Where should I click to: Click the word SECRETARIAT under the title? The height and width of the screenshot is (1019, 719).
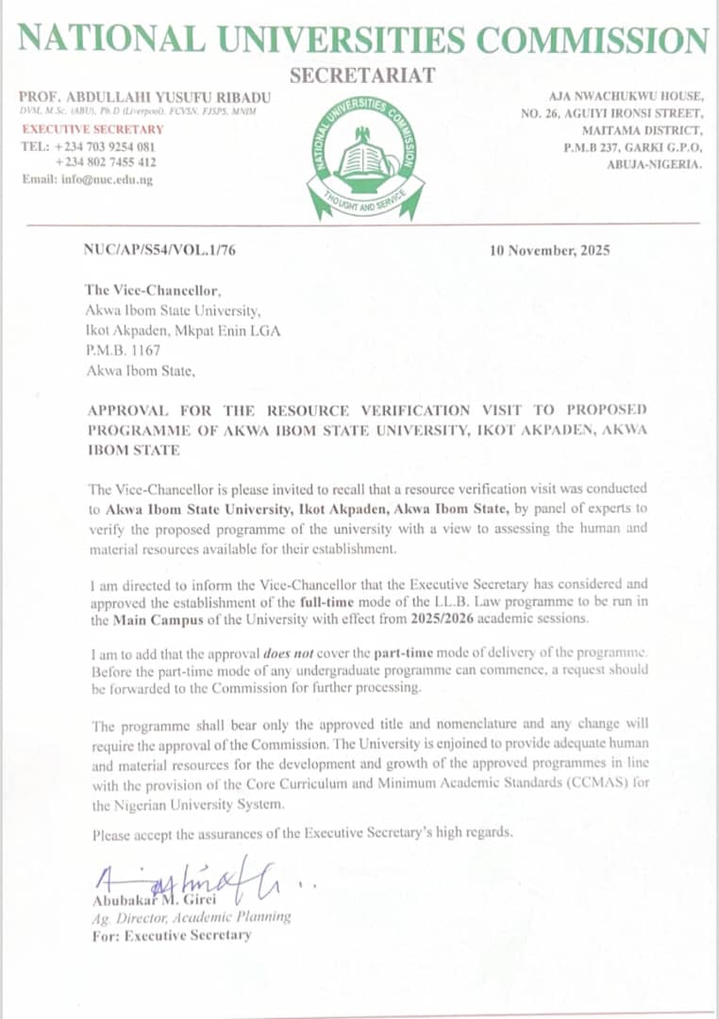(362, 75)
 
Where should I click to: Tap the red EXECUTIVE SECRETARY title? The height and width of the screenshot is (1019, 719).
(92, 129)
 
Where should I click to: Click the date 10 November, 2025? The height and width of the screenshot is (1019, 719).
(549, 251)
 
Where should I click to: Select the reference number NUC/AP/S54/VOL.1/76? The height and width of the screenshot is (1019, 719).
(151, 250)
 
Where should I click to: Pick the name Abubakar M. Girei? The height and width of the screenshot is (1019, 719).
(154, 898)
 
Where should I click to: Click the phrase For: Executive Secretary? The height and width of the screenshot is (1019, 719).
(171, 935)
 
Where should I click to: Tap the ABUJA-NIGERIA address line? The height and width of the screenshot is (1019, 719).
(654, 164)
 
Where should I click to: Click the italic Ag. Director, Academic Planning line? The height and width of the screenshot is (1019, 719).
(192, 917)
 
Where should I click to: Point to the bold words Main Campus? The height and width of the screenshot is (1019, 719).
(152, 620)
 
